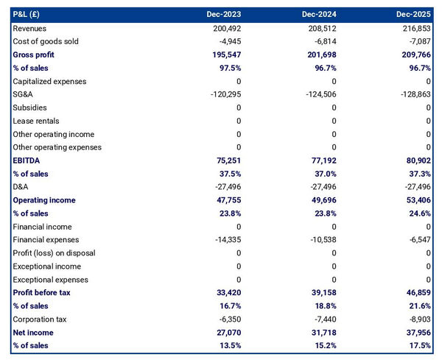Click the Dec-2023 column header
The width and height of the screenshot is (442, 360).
click(224, 14)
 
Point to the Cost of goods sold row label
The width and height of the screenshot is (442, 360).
click(46, 41)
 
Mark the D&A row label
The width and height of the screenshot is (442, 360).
click(21, 187)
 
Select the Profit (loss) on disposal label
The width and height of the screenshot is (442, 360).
click(54, 253)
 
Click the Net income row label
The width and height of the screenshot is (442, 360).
click(33, 333)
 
